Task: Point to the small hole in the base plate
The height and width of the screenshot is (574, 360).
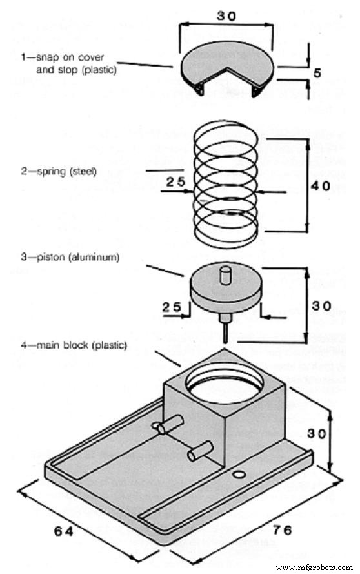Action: click(240, 475)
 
